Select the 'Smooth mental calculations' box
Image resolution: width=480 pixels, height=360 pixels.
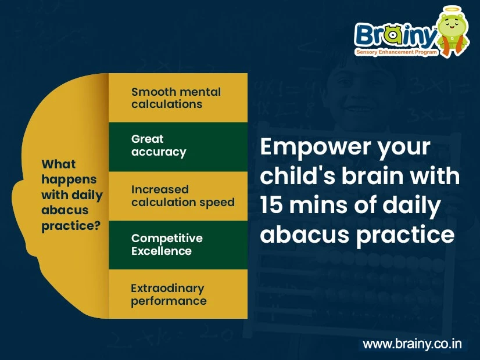(178, 98)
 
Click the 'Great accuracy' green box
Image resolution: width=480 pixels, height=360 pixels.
(178, 146)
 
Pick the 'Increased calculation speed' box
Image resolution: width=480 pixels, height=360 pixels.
(178, 196)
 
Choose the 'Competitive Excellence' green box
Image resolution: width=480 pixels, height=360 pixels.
(178, 244)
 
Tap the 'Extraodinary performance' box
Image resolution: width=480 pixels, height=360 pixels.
(178, 294)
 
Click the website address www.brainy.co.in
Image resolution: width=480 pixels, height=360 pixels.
(412, 344)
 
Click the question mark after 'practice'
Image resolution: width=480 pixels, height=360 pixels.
(97, 226)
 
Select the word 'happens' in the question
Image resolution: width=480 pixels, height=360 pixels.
(69, 179)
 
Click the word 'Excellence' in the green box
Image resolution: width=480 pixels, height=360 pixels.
(161, 251)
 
